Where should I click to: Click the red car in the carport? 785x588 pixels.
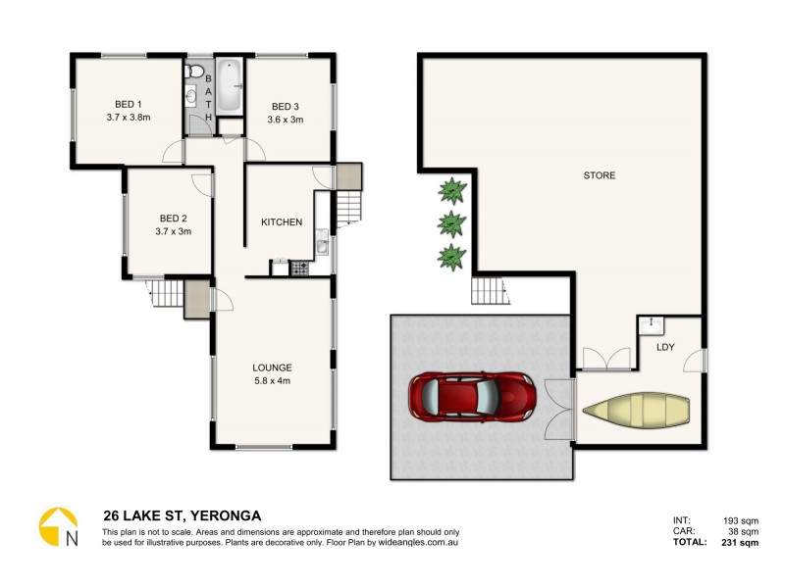click(472, 398)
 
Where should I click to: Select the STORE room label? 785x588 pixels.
click(600, 175)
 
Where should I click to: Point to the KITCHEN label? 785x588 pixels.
click(281, 222)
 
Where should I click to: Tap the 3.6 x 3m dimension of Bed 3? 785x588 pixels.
click(286, 121)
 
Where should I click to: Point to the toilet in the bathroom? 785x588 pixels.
click(195, 72)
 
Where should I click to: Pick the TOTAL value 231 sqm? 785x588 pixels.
click(737, 542)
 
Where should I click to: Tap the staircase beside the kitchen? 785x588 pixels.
click(349, 209)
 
